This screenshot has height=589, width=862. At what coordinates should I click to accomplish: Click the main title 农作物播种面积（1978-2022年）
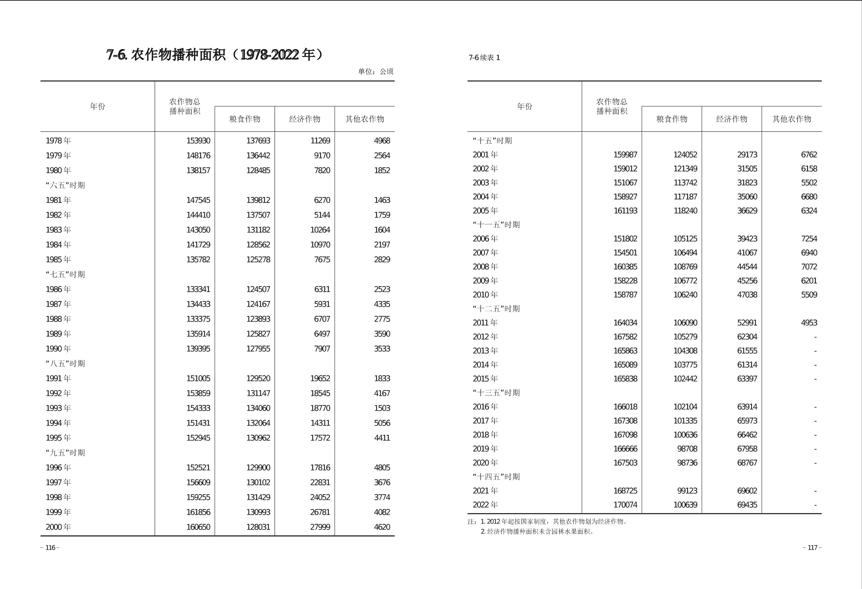pos(215,55)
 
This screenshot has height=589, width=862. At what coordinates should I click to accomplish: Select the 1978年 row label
pos(58,141)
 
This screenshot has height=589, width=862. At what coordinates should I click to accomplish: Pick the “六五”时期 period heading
pos(65,185)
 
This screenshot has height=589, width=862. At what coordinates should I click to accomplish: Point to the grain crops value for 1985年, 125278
pos(258,260)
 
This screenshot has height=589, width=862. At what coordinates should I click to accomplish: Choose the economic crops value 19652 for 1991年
pos(320,378)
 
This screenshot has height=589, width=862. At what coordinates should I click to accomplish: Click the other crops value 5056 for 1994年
pos(382,423)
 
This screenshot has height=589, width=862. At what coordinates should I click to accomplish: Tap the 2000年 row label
pos(58,527)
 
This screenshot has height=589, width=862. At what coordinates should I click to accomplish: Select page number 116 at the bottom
pos(50,548)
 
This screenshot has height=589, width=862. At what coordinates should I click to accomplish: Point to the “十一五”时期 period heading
pos(496,225)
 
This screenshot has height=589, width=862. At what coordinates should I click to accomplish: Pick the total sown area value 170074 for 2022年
pos(625,505)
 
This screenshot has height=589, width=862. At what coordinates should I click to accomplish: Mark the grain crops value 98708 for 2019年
pos(687,449)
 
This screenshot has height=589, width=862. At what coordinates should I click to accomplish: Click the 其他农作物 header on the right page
pos(791,119)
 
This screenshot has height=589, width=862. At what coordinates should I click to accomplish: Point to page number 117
pos(812,548)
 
